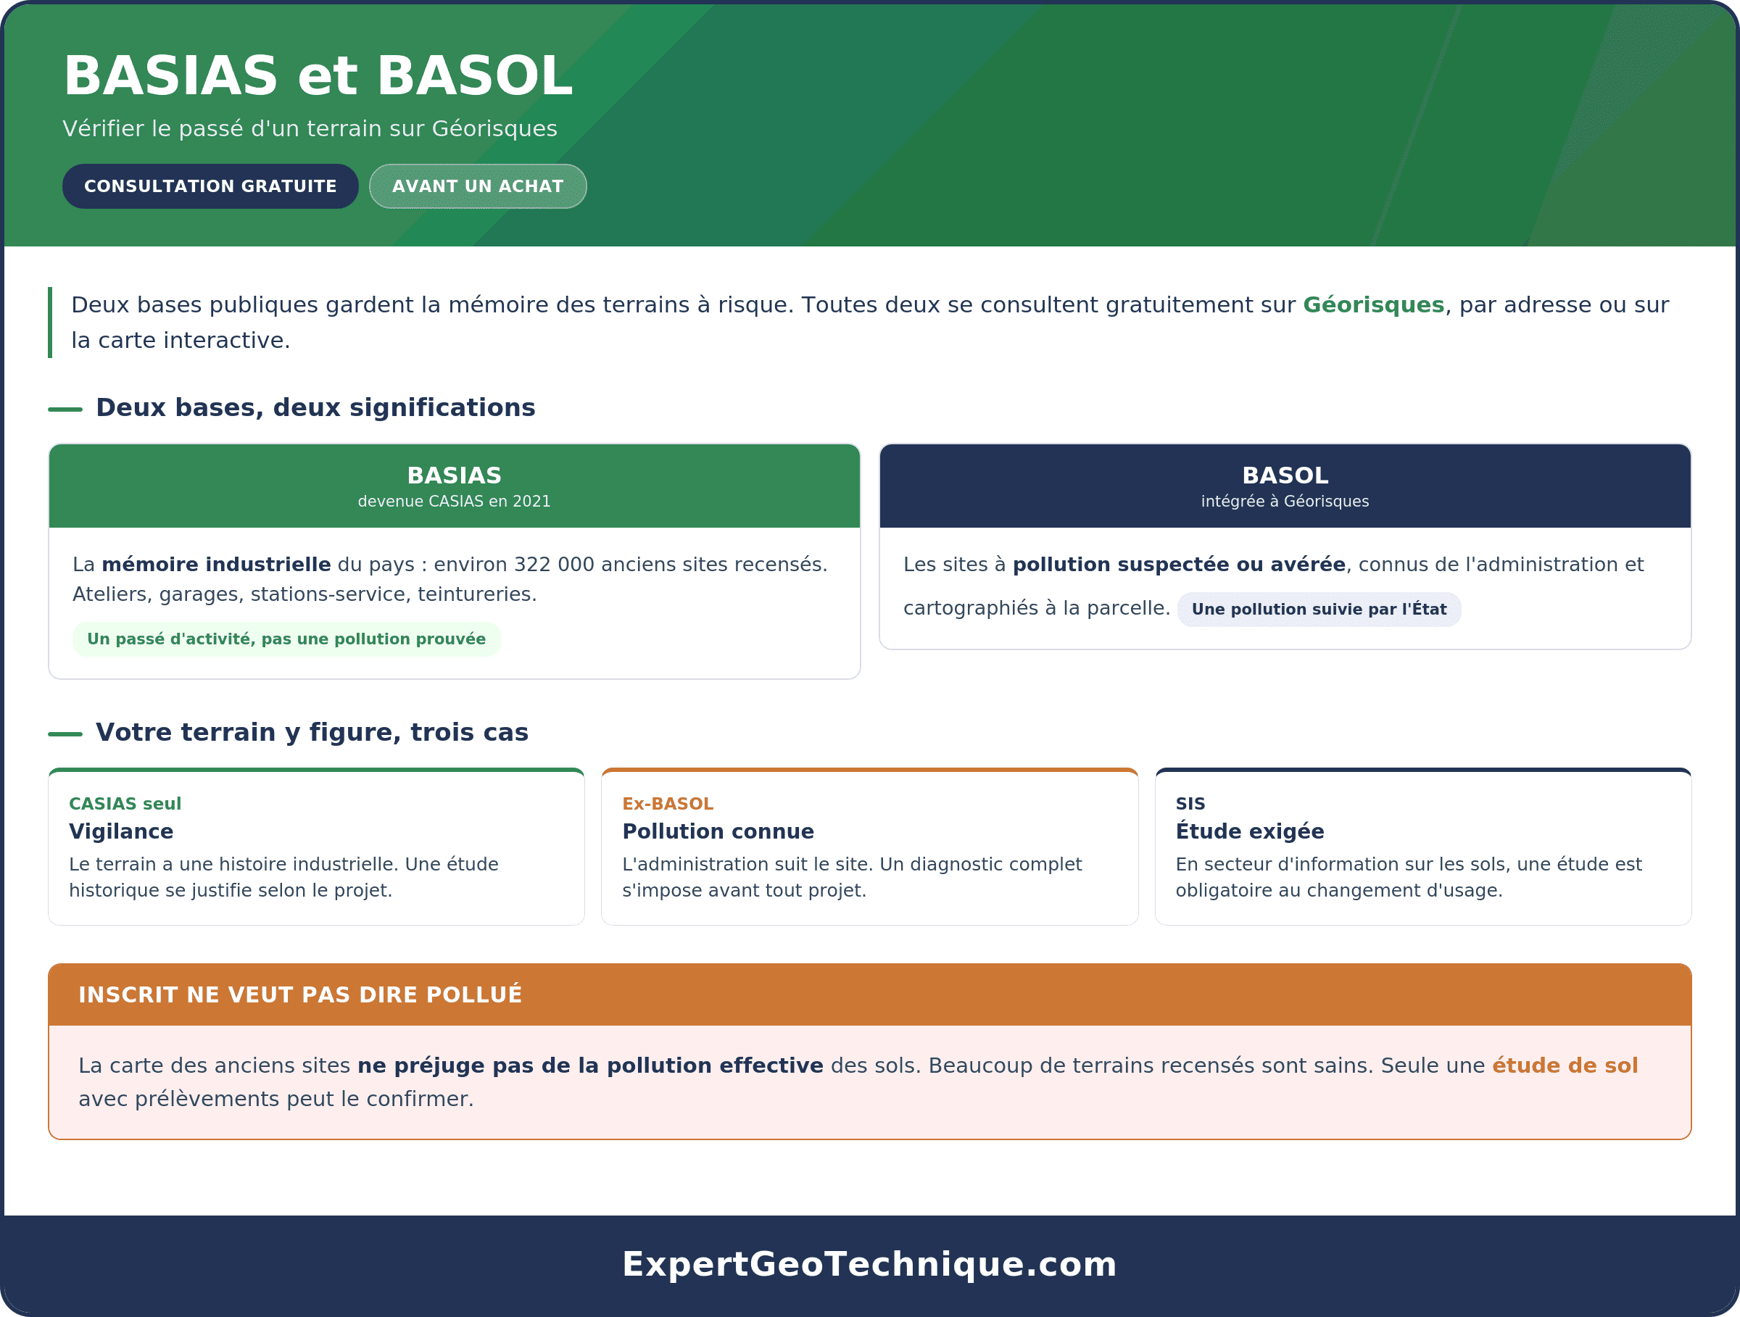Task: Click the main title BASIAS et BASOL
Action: coord(318,76)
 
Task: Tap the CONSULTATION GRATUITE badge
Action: coord(210,186)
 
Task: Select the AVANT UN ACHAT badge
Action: coord(478,186)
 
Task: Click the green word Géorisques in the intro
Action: coord(1373,305)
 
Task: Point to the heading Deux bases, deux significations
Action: coord(315,407)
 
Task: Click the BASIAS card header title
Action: coord(454,475)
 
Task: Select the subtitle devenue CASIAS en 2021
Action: coord(454,502)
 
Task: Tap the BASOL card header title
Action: coord(1285,475)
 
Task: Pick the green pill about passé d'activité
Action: coord(286,639)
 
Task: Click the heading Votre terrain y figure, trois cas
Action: coord(312,732)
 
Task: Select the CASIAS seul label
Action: coord(125,804)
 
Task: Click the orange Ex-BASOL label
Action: coord(668,804)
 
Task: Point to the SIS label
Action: coord(1190,804)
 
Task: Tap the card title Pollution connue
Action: coord(718,831)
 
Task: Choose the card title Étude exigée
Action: coord(1250,831)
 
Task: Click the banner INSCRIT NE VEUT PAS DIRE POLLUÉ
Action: coord(300,994)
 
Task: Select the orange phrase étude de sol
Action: coord(1565,1065)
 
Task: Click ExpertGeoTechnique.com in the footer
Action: coord(869,1264)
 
